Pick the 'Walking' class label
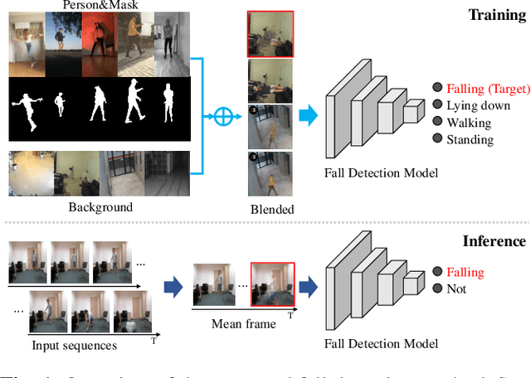(470, 123)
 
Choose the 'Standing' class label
(470, 139)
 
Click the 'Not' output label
(457, 289)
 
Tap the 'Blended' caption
(270, 209)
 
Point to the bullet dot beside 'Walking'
(436, 123)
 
